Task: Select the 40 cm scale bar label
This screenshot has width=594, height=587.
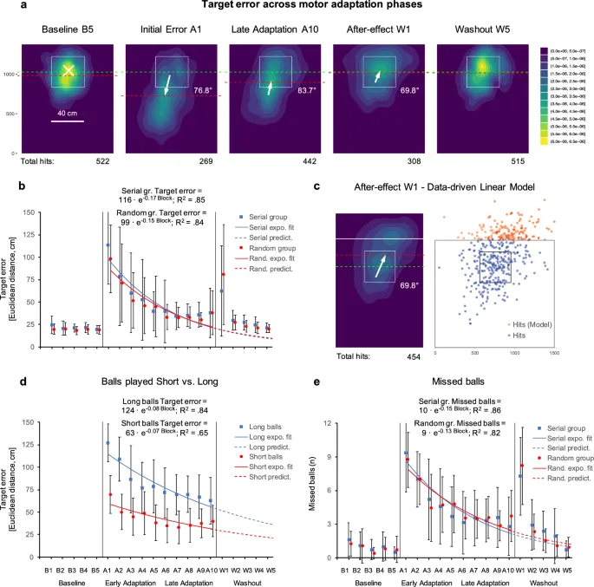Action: click(68, 113)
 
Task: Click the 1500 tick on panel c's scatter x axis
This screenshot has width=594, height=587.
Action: click(553, 353)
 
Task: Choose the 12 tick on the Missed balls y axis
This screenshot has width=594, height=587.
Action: click(328, 422)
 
